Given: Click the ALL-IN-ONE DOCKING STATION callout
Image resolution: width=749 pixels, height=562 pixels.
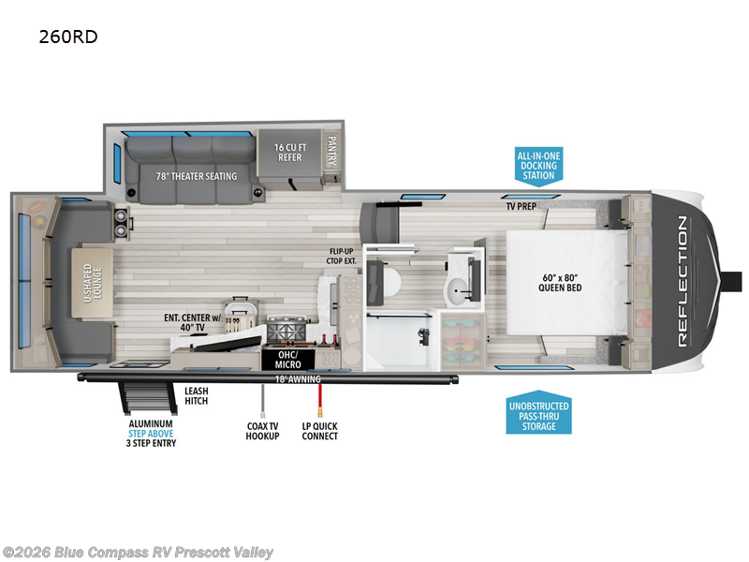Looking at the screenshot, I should pyautogui.click(x=538, y=165).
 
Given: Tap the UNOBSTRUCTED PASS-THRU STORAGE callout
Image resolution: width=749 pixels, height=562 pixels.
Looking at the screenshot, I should pyautogui.click(x=538, y=414).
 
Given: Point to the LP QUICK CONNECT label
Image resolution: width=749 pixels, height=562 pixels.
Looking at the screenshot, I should pyautogui.click(x=320, y=431).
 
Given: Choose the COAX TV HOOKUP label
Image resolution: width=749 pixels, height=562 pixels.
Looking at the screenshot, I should pyautogui.click(x=263, y=431).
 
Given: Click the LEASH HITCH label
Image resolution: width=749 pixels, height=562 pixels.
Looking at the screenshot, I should pyautogui.click(x=196, y=396).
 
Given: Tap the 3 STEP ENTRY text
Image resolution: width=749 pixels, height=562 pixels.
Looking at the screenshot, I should pyautogui.click(x=151, y=443).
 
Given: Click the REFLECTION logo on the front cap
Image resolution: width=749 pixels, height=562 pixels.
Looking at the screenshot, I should pyautogui.click(x=682, y=279).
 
